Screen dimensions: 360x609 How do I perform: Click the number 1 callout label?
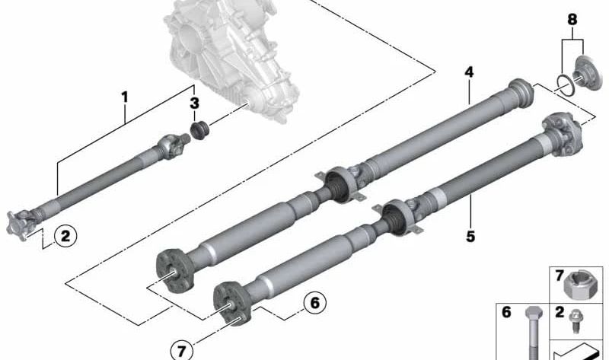[x=125, y=97]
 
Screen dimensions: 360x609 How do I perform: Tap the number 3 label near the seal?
[x=194, y=103]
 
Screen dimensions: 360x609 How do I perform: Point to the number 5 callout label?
[x=470, y=237]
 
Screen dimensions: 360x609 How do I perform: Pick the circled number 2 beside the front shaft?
[x=65, y=236]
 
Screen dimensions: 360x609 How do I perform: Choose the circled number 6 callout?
[x=313, y=303]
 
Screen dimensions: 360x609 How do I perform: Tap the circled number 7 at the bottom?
[x=180, y=351]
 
